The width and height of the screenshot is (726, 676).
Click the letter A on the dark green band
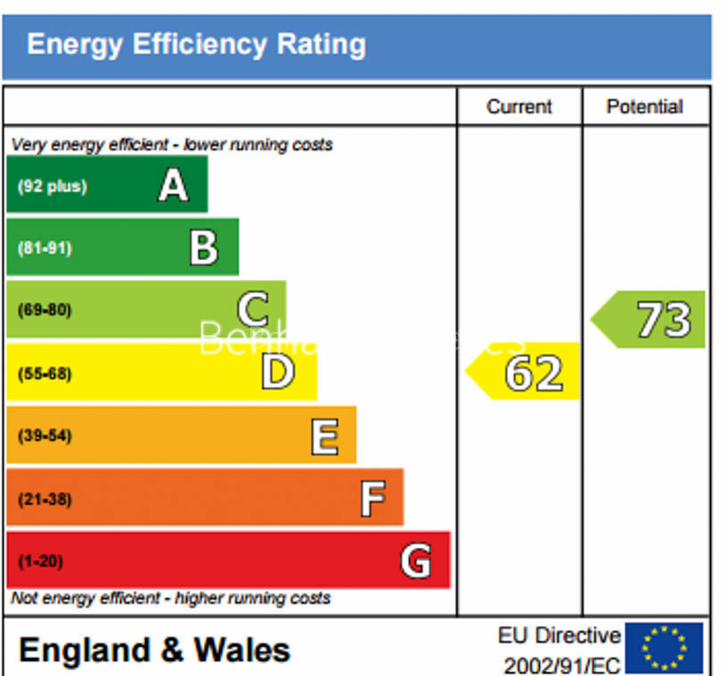174,185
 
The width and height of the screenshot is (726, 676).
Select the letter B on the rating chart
204,248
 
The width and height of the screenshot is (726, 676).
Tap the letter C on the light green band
253,310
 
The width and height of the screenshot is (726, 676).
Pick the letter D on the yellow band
277,372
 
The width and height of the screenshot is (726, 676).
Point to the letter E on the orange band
324,436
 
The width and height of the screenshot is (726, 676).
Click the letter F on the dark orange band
372,498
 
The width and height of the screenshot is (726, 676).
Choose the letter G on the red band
416,561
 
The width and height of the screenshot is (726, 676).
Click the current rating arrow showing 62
525,372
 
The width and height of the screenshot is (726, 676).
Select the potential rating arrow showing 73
650,319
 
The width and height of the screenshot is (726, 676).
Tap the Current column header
519,107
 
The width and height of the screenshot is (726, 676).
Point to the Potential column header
645,107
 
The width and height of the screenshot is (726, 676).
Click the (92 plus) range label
53,187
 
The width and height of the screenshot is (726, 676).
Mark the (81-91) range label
45,248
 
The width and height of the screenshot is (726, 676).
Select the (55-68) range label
45,373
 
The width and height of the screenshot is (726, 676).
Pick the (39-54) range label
45,436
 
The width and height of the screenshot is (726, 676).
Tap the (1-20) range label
40,562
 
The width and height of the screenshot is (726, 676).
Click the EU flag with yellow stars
664,647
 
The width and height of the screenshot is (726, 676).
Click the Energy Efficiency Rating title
196,44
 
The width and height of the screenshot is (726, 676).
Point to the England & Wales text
154,649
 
